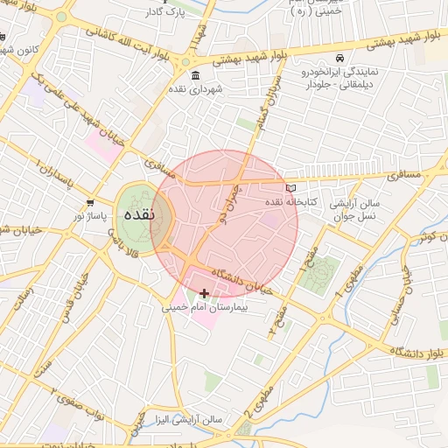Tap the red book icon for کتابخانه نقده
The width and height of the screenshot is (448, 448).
click(291, 188)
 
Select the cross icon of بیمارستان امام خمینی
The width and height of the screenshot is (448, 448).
click(205, 294)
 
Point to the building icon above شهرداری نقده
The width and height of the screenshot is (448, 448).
click(194, 74)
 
